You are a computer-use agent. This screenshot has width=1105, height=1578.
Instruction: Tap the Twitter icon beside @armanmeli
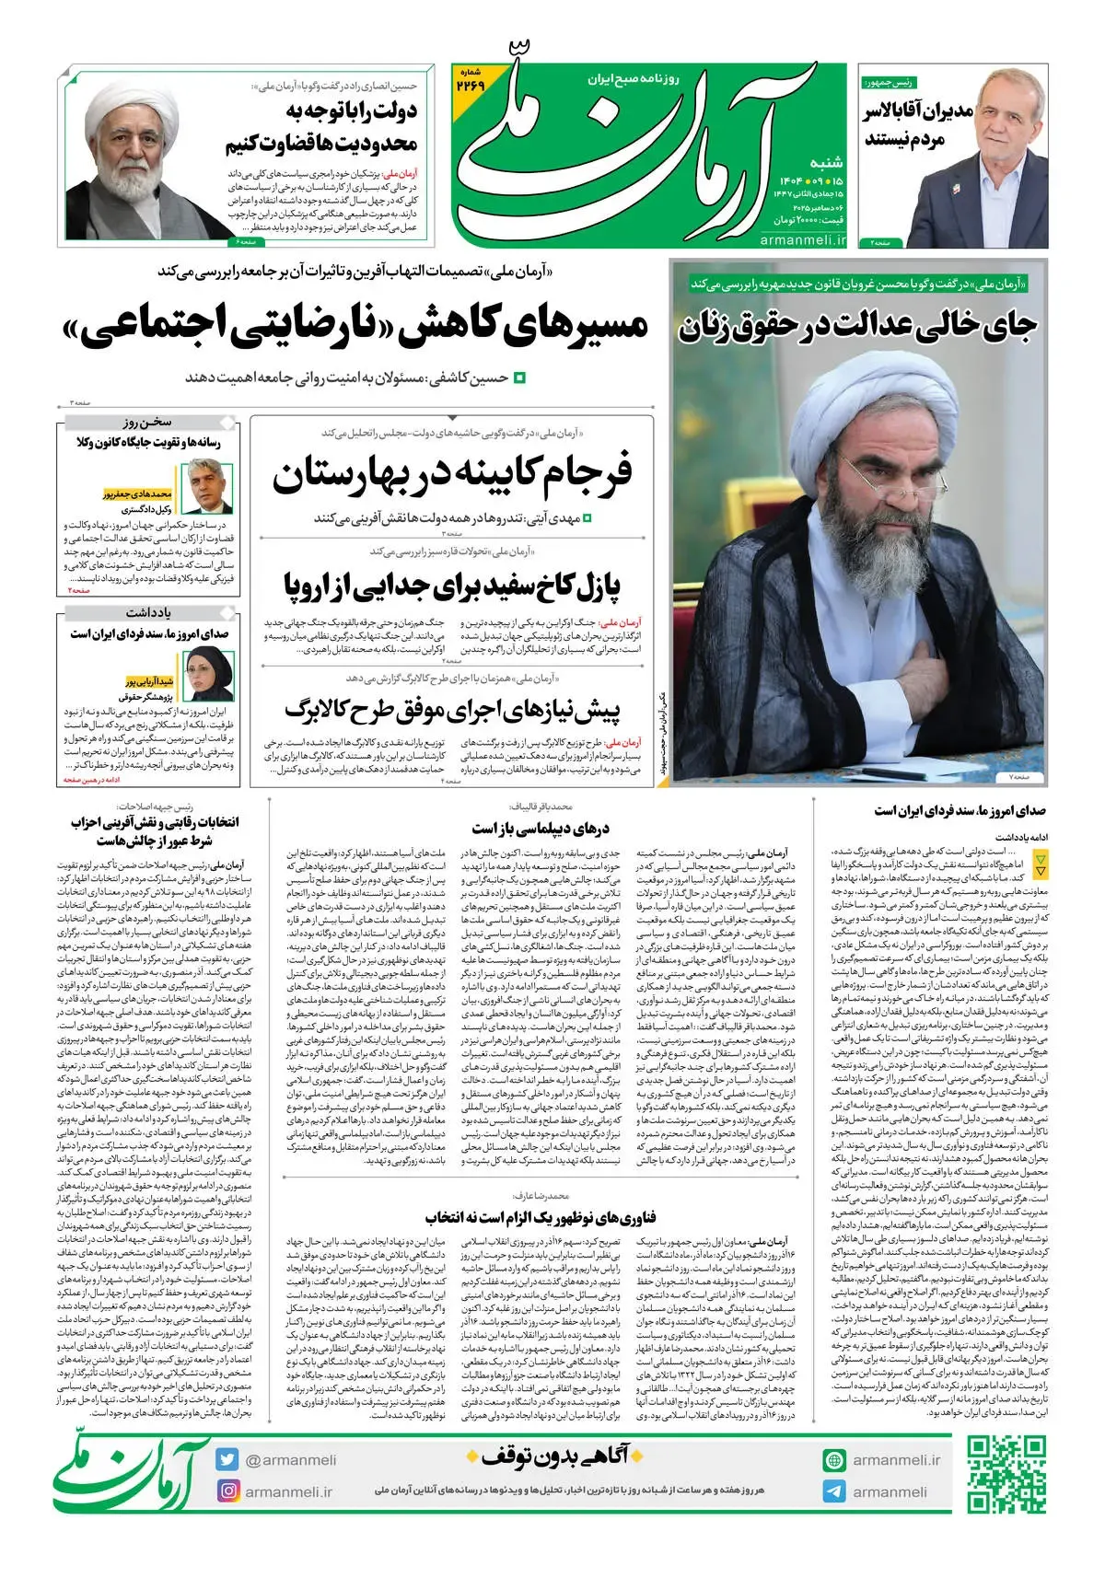click(227, 1459)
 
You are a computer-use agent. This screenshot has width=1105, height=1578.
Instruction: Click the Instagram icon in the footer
click(227, 1491)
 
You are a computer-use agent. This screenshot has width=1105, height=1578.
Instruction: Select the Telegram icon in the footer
click(834, 1491)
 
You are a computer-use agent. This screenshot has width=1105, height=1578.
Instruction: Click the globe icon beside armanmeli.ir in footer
click(834, 1460)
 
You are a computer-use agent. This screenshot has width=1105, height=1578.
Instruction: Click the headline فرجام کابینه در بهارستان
click(452, 474)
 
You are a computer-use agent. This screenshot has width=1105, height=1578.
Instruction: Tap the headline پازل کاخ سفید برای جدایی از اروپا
click(452, 585)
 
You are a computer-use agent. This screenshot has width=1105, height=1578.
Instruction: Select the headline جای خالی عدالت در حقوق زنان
click(857, 325)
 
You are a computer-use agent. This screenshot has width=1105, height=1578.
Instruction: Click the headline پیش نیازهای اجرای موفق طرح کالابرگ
click(452, 710)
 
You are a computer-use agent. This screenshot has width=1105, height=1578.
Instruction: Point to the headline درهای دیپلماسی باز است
click(541, 829)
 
